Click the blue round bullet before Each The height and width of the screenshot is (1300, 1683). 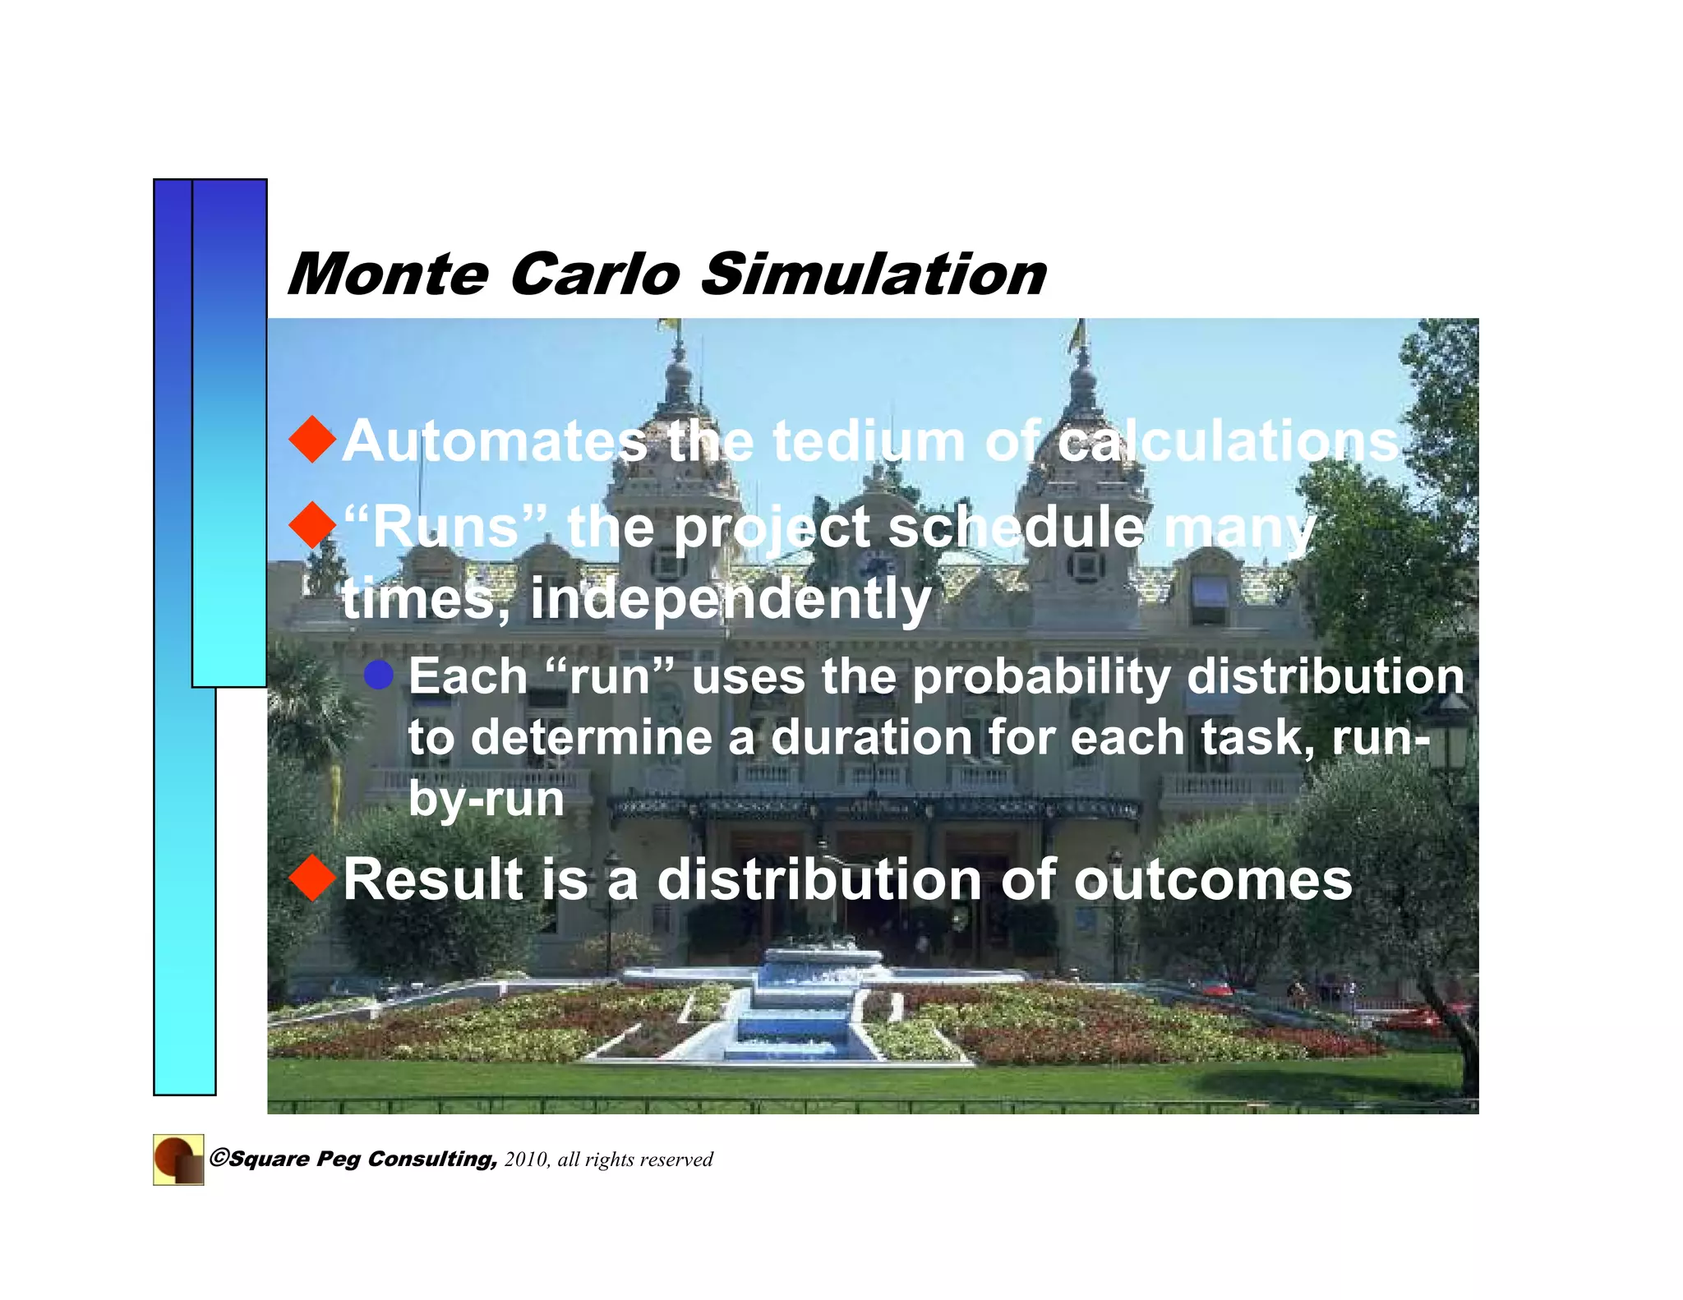click(379, 675)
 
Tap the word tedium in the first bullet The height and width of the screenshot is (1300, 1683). click(869, 442)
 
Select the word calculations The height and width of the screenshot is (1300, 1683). click(1228, 442)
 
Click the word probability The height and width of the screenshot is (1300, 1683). click(1041, 679)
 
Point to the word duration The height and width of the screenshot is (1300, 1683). click(872, 737)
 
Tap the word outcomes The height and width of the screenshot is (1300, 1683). click(1212, 880)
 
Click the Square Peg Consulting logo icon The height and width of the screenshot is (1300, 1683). click(178, 1159)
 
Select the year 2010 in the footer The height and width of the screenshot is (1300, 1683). click(527, 1159)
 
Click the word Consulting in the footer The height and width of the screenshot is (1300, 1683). click(432, 1159)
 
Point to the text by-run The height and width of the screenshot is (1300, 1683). click(486, 799)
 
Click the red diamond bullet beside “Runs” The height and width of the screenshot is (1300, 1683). click(313, 526)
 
